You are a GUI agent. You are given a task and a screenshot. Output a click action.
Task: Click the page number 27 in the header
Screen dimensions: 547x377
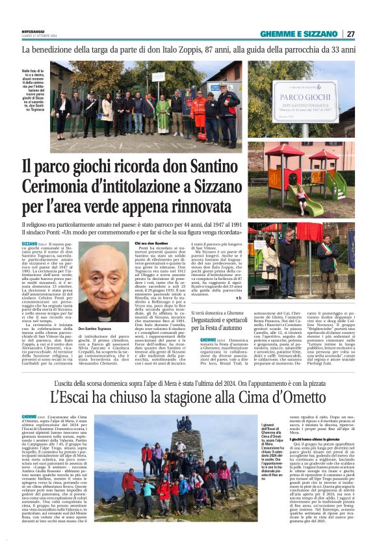[350, 34]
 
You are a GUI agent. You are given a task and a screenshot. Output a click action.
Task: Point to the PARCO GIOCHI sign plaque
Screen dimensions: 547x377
[305, 101]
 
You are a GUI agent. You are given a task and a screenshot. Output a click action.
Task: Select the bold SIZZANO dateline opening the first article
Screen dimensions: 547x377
[29, 242]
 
